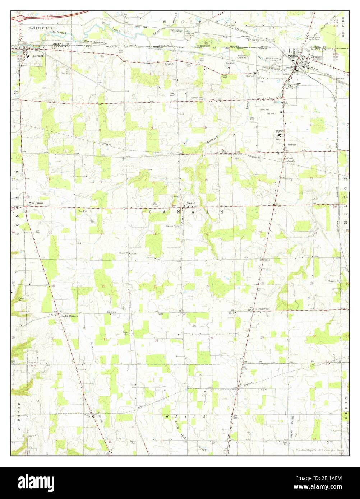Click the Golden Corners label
tap(69, 316)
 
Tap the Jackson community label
tap(291, 144)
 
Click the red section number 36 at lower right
tap(315, 336)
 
